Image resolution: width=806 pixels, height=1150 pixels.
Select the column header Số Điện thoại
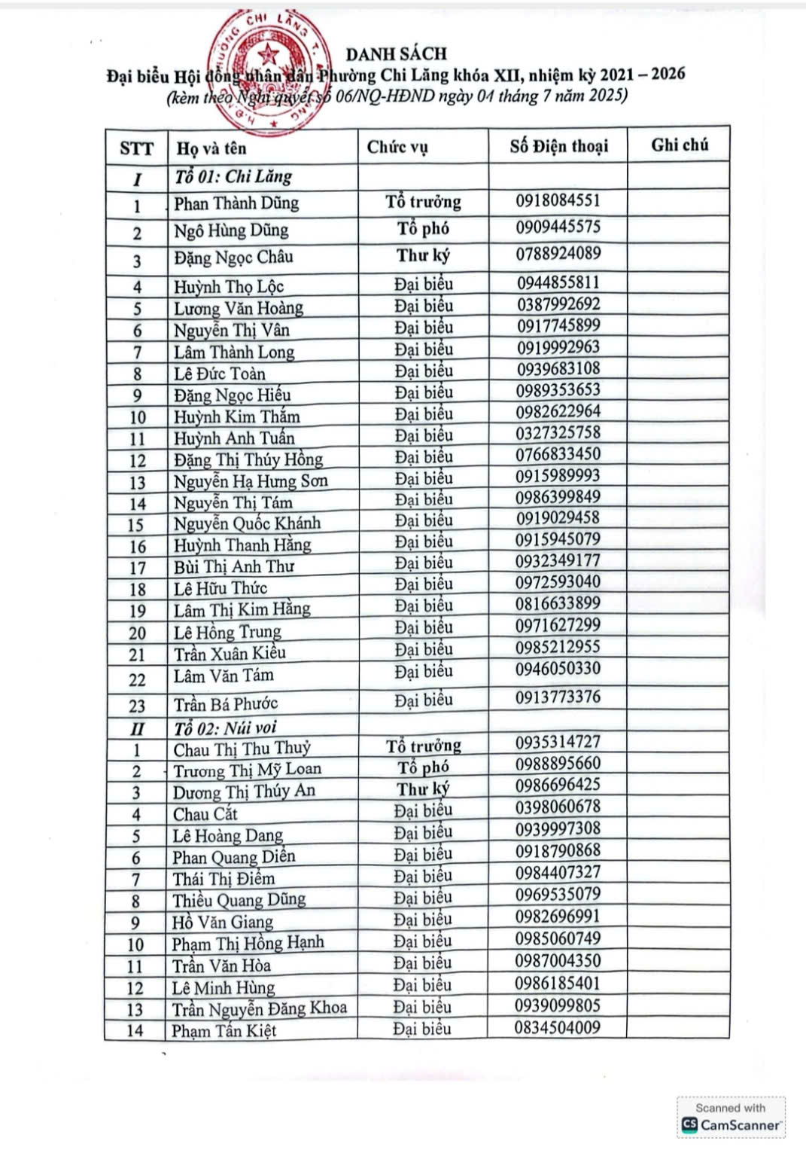coord(558,146)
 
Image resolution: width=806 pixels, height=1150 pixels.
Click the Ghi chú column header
coord(680,145)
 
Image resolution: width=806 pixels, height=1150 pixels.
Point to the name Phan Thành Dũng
coord(236,203)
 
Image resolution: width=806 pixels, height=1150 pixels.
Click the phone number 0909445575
coord(558,227)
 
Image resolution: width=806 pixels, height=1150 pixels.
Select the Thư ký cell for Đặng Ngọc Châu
coord(423,255)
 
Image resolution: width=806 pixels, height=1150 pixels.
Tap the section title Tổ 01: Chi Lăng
coord(233,177)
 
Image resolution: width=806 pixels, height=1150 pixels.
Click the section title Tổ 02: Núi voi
coord(226,728)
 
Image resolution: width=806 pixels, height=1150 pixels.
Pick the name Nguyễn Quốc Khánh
coord(247,523)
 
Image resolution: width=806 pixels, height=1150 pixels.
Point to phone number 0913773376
coord(558,697)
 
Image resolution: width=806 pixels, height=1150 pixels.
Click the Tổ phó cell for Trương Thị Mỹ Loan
coord(423,767)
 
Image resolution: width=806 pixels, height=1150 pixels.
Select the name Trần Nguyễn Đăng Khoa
coord(259,1008)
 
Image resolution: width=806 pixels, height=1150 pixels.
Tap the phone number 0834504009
coord(557,1027)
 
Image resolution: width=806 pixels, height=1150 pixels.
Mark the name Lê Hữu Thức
coord(221,588)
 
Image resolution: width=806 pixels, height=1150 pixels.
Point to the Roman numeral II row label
coord(137,729)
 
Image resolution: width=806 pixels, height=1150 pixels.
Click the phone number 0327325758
coord(558,432)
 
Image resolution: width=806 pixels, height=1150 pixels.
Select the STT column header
coord(136,148)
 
